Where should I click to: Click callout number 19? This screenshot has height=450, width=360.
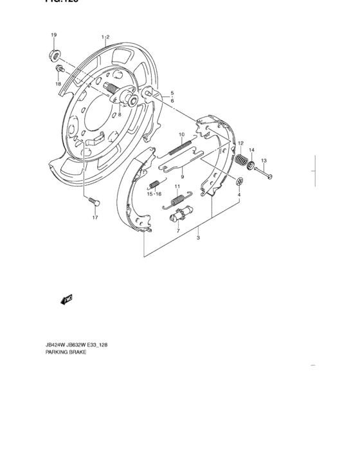53,35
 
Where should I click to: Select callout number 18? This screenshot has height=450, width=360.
57,84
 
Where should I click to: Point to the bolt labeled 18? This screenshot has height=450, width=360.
60,68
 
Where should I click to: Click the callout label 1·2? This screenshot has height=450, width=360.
106,37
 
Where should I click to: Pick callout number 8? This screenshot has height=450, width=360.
119,114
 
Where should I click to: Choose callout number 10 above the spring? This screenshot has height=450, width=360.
181,135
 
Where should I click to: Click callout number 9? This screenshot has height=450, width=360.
182,177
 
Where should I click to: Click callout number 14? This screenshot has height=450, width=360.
252,150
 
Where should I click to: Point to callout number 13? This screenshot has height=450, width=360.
264,161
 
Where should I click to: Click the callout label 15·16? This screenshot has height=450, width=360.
154,194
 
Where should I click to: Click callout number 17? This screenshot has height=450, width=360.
94,218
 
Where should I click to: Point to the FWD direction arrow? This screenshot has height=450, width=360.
66,299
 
